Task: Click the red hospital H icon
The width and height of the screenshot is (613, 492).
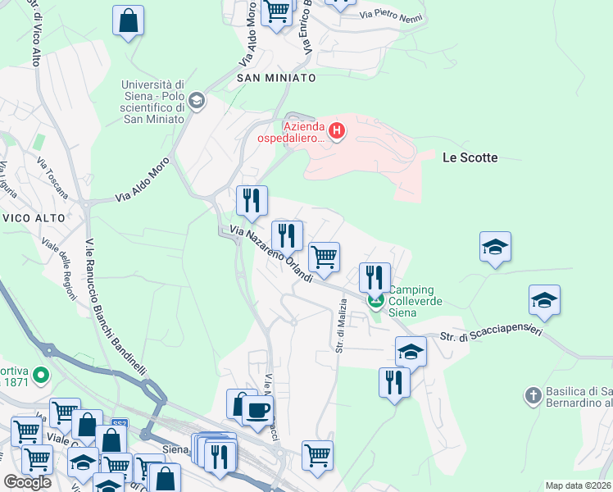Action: coord(336,130)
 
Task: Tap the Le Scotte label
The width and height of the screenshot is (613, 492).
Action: coord(470,157)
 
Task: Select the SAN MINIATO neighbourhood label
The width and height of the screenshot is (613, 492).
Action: coord(276,77)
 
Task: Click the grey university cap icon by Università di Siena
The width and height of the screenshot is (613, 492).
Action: coord(196,101)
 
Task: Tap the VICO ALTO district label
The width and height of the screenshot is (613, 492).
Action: coord(28,218)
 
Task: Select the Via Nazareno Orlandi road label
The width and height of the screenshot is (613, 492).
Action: coord(271,255)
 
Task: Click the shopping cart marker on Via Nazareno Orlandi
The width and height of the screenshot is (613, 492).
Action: coord(325,257)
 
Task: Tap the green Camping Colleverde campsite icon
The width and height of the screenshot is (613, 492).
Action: coord(375,301)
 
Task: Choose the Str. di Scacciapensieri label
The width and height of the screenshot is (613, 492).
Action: coord(490,334)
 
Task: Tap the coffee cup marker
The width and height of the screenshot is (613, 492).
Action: coord(258,409)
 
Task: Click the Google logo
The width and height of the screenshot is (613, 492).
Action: coord(27,482)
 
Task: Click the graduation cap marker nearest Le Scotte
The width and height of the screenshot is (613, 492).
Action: coord(495,246)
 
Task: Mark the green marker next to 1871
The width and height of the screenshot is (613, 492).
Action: coord(42,376)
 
